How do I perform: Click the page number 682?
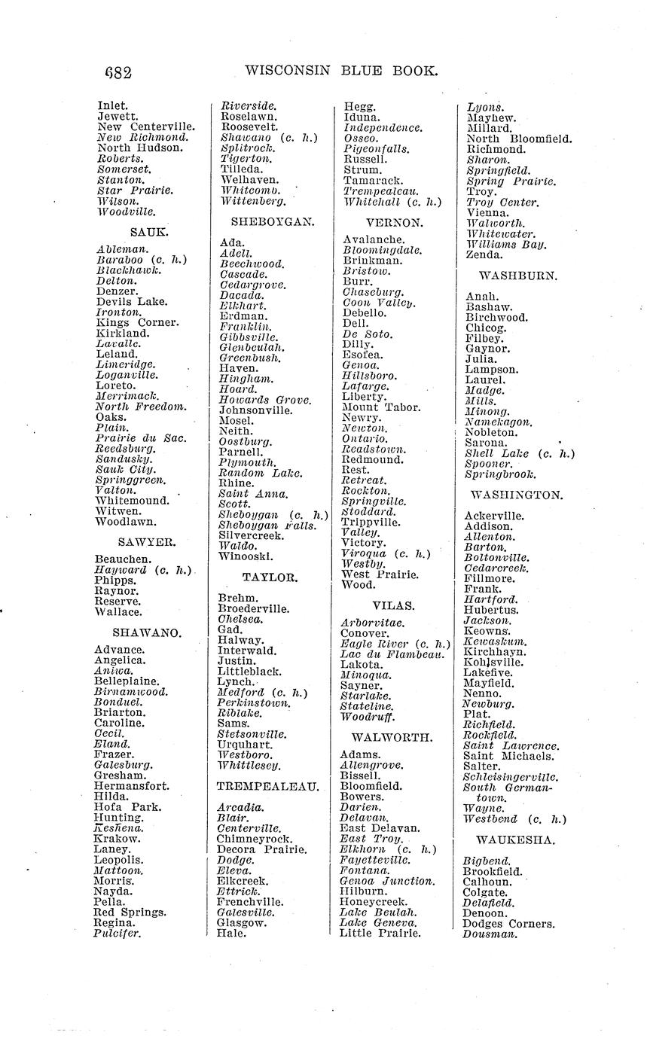[118, 73]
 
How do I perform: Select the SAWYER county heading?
[146, 541]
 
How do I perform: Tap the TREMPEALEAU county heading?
[268, 786]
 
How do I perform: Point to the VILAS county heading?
[393, 605]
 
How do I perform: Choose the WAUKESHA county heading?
[515, 839]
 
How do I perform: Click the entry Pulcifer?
[118, 934]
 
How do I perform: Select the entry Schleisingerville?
[511, 777]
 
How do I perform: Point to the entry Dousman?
[490, 934]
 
